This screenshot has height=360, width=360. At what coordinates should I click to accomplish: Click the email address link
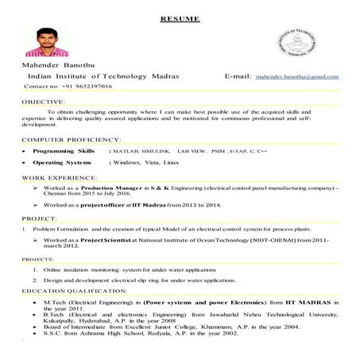296,76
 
